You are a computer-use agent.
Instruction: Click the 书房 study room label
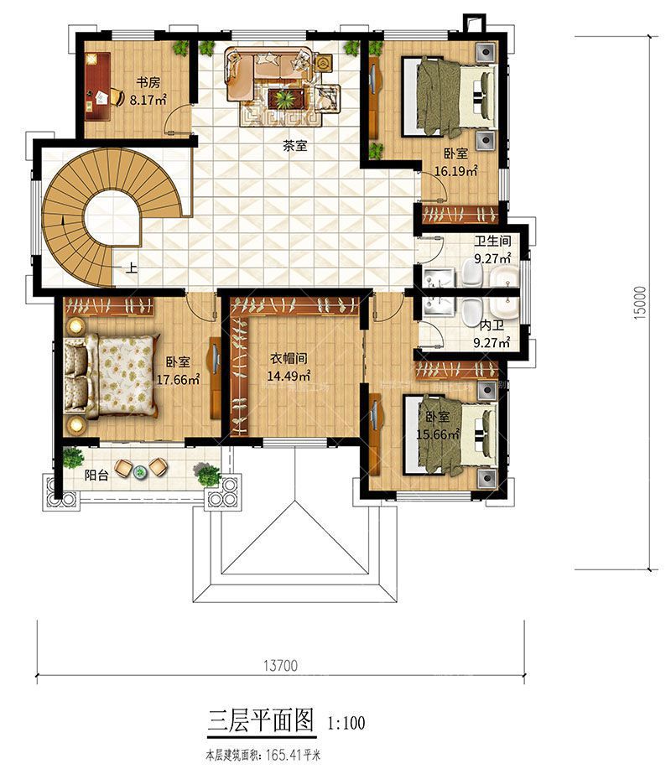coord(148,82)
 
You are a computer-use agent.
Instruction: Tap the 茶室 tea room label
coord(294,145)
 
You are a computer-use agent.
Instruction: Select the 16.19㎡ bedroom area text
coord(455,172)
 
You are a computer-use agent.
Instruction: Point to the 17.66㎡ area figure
coord(178,379)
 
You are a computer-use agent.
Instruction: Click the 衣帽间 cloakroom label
coord(289,359)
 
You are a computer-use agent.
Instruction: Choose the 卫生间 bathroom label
coord(492,241)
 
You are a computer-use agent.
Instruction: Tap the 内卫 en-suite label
coord(492,325)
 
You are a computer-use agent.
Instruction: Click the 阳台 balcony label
coord(96,475)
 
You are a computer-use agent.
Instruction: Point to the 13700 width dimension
coord(281,666)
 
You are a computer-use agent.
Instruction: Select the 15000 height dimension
coord(640,303)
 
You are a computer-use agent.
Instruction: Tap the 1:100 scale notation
coord(346,723)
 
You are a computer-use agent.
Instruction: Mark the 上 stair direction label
coord(132,268)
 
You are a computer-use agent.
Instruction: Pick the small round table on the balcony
coord(141,472)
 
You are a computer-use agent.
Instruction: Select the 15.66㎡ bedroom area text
coord(438,434)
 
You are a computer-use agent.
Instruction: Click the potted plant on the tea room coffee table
coord(284,99)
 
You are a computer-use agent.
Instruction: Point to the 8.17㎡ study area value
coord(148,100)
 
